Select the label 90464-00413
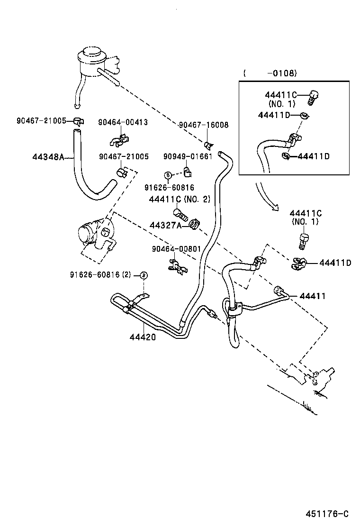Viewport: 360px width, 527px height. (x=123, y=122)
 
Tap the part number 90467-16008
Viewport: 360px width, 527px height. (x=204, y=125)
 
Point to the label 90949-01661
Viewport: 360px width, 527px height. (x=188, y=156)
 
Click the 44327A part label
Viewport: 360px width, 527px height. (x=165, y=226)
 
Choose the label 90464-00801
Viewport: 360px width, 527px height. (x=176, y=249)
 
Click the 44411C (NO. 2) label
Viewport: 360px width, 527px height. (x=180, y=199)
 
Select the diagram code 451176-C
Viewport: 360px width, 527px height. (x=327, y=514)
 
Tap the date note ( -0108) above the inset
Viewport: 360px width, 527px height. (x=270, y=73)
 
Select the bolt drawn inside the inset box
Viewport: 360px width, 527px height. (x=312, y=97)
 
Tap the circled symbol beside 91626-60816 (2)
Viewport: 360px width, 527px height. (x=144, y=275)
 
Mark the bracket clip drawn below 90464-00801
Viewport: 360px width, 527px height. (x=176, y=266)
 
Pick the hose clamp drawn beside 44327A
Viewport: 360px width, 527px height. (x=194, y=223)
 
